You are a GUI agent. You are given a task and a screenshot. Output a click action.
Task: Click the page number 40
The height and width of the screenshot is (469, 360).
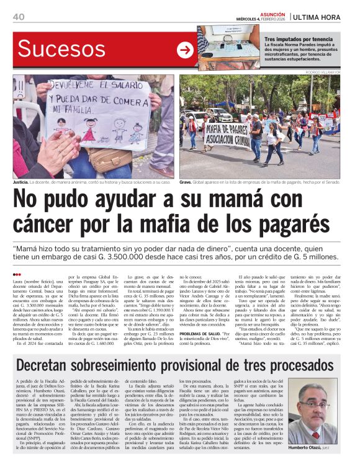tap(18, 17)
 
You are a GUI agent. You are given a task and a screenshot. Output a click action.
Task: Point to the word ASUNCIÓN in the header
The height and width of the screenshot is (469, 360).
tap(274, 13)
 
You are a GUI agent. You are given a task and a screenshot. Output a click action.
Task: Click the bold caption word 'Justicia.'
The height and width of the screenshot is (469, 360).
tap(21, 183)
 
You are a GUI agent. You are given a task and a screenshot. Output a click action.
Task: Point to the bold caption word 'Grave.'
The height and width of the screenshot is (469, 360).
tap(186, 183)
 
